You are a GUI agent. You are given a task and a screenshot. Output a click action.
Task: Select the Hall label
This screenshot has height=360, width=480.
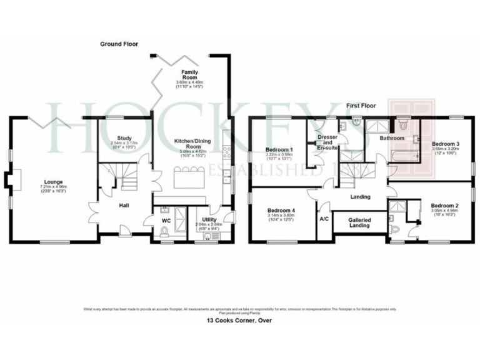(124, 206)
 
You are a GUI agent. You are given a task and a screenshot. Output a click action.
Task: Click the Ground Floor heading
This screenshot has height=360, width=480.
(119, 44)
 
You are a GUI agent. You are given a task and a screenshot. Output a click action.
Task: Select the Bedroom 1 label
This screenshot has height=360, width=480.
(279, 150)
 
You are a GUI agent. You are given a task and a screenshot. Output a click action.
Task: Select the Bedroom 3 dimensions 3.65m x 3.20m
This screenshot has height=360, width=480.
(445, 150)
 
